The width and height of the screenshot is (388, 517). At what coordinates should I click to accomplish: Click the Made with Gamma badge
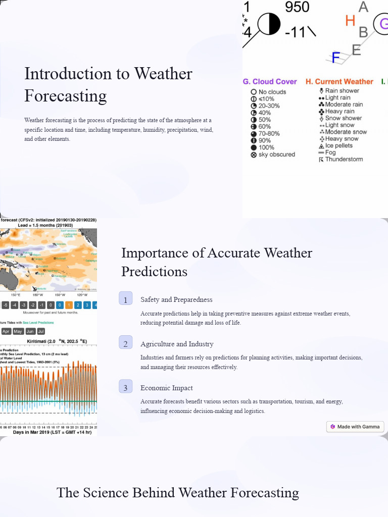355,427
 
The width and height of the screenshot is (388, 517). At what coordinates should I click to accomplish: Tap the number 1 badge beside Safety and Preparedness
126,299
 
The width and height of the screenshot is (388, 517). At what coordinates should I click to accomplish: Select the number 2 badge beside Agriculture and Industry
126,343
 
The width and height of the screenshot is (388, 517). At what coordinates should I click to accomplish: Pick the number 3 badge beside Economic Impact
126,387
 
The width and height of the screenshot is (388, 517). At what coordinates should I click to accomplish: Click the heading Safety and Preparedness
176,299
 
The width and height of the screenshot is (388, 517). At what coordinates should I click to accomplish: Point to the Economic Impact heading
166,388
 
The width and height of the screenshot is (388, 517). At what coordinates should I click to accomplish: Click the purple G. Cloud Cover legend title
270,81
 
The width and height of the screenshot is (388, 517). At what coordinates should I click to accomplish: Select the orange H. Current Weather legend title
339,81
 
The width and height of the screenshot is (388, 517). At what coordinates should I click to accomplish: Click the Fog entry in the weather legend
330,152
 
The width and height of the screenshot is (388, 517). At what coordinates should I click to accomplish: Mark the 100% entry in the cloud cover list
266,147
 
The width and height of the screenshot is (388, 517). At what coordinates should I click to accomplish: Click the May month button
18,331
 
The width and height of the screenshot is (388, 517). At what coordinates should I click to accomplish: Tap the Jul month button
41,331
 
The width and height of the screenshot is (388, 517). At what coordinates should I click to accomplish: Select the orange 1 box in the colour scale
69,305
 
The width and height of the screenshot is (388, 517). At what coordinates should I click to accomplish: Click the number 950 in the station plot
297,7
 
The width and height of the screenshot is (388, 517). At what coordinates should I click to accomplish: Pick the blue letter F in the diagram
336,58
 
